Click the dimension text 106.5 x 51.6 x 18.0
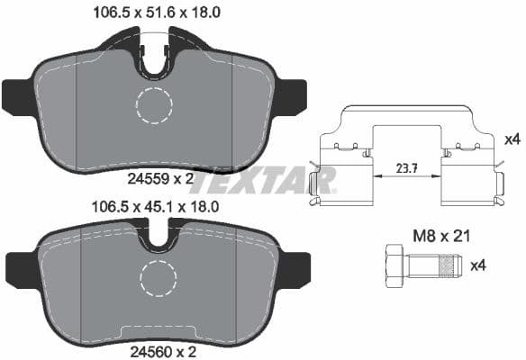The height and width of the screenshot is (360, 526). pyautogui.click(x=158, y=12)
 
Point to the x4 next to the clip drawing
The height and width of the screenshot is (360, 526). pyautogui.click(x=511, y=139)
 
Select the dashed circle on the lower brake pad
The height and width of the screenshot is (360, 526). pyautogui.click(x=159, y=280)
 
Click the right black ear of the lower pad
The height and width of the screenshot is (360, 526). pyautogui.click(x=296, y=267)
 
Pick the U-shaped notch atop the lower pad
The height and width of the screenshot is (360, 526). pyautogui.click(x=161, y=240)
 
